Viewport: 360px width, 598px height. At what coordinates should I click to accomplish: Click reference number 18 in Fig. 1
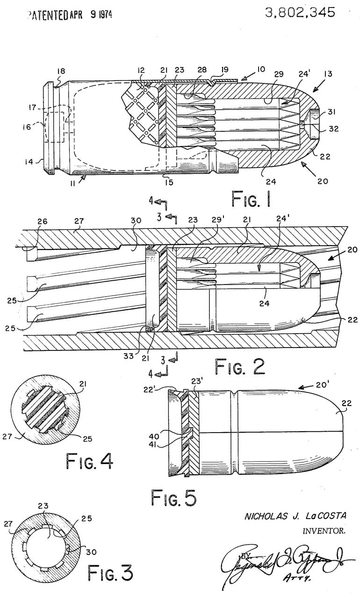61,71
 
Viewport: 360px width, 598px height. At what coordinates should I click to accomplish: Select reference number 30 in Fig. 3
91,552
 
